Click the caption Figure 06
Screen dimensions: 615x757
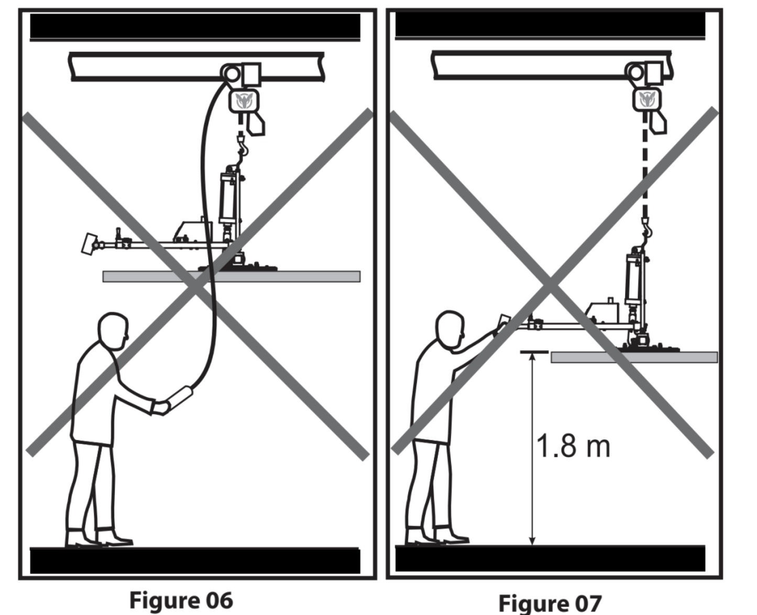[181, 600]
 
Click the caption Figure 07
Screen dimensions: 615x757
[549, 603]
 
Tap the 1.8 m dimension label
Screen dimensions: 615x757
[573, 446]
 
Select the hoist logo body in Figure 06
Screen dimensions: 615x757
[243, 100]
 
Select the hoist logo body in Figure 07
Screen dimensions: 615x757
[648, 99]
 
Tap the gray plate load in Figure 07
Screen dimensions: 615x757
[634, 358]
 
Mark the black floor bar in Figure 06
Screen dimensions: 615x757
[195, 560]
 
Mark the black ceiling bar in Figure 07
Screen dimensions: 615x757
[550, 25]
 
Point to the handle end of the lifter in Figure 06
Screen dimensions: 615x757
[90, 243]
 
